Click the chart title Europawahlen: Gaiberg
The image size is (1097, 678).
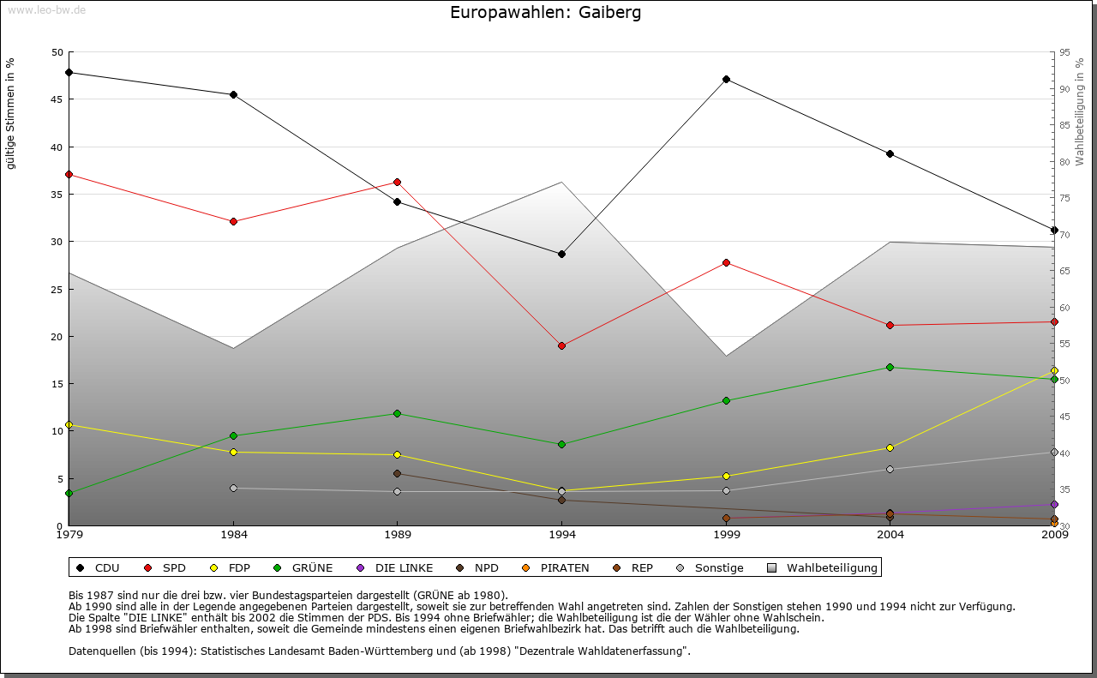[545, 13]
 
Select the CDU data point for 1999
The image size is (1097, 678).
[726, 80]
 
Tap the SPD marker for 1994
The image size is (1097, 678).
[561, 345]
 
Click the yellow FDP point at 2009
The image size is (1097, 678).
[1054, 370]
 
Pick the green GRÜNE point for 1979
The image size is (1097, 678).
[69, 493]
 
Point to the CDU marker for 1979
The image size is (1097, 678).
[69, 72]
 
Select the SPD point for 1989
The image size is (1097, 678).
[397, 182]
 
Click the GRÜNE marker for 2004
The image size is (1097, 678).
[890, 367]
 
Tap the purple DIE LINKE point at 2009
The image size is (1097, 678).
[1054, 504]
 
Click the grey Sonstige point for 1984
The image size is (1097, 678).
[233, 488]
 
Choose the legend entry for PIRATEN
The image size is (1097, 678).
[556, 567]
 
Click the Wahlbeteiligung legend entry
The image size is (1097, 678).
[823, 567]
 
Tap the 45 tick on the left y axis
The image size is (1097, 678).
[57, 99]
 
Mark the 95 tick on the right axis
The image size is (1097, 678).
[1064, 52]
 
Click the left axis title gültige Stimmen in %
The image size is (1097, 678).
[11, 113]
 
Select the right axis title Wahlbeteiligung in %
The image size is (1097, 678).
[1080, 111]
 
